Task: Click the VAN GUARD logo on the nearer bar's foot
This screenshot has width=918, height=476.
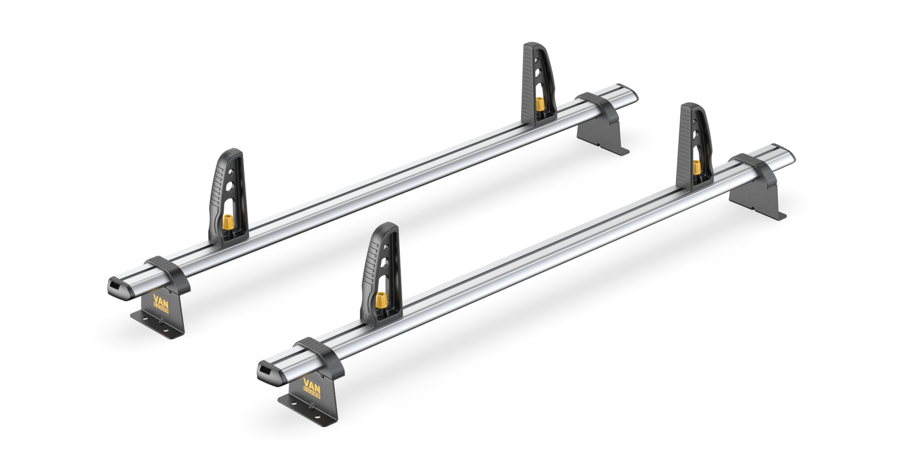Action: [312, 385]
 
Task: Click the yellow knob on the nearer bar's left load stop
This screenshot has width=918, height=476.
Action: [379, 300]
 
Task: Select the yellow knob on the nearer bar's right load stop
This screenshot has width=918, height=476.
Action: [697, 167]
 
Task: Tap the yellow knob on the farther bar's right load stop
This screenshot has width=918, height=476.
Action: [539, 104]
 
